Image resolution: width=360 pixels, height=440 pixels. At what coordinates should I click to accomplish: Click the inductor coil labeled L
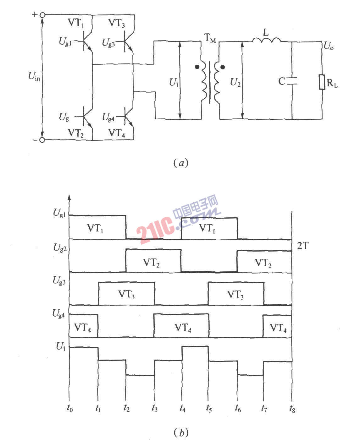coord(266,40)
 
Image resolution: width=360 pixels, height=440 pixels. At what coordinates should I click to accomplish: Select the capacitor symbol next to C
coord(292,81)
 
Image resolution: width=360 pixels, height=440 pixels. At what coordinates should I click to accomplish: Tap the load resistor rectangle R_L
coord(322,82)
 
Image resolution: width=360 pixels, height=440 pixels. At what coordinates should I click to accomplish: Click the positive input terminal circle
coord(42,15)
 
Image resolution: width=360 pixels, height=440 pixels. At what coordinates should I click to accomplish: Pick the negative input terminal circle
coord(42,140)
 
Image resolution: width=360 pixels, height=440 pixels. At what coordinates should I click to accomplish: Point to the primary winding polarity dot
coord(197,67)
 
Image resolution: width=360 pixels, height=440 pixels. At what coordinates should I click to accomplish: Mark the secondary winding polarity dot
coord(223,67)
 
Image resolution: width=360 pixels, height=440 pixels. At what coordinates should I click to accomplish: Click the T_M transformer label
coord(210,38)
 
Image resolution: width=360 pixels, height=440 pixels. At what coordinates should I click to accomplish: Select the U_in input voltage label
coord(34,76)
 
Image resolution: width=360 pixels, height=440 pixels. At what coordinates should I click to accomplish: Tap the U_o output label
coord(329,46)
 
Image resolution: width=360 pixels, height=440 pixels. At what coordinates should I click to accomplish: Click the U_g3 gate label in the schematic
coord(108,43)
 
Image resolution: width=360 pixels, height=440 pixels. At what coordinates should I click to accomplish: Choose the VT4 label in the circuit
coord(117,133)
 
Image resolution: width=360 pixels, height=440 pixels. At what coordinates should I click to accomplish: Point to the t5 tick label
coord(209,408)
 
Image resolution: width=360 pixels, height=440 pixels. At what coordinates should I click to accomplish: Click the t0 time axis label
coord(70,408)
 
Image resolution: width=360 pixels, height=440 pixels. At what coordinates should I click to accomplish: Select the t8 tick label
coord(292,409)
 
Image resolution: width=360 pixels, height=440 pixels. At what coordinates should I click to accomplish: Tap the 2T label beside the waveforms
coord(302,246)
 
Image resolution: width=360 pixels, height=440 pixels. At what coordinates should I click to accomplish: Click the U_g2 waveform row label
coord(60,248)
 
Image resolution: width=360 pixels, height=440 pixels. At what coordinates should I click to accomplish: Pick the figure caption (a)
coord(181,163)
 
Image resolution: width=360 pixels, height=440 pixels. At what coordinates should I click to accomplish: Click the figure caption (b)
coord(181,432)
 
